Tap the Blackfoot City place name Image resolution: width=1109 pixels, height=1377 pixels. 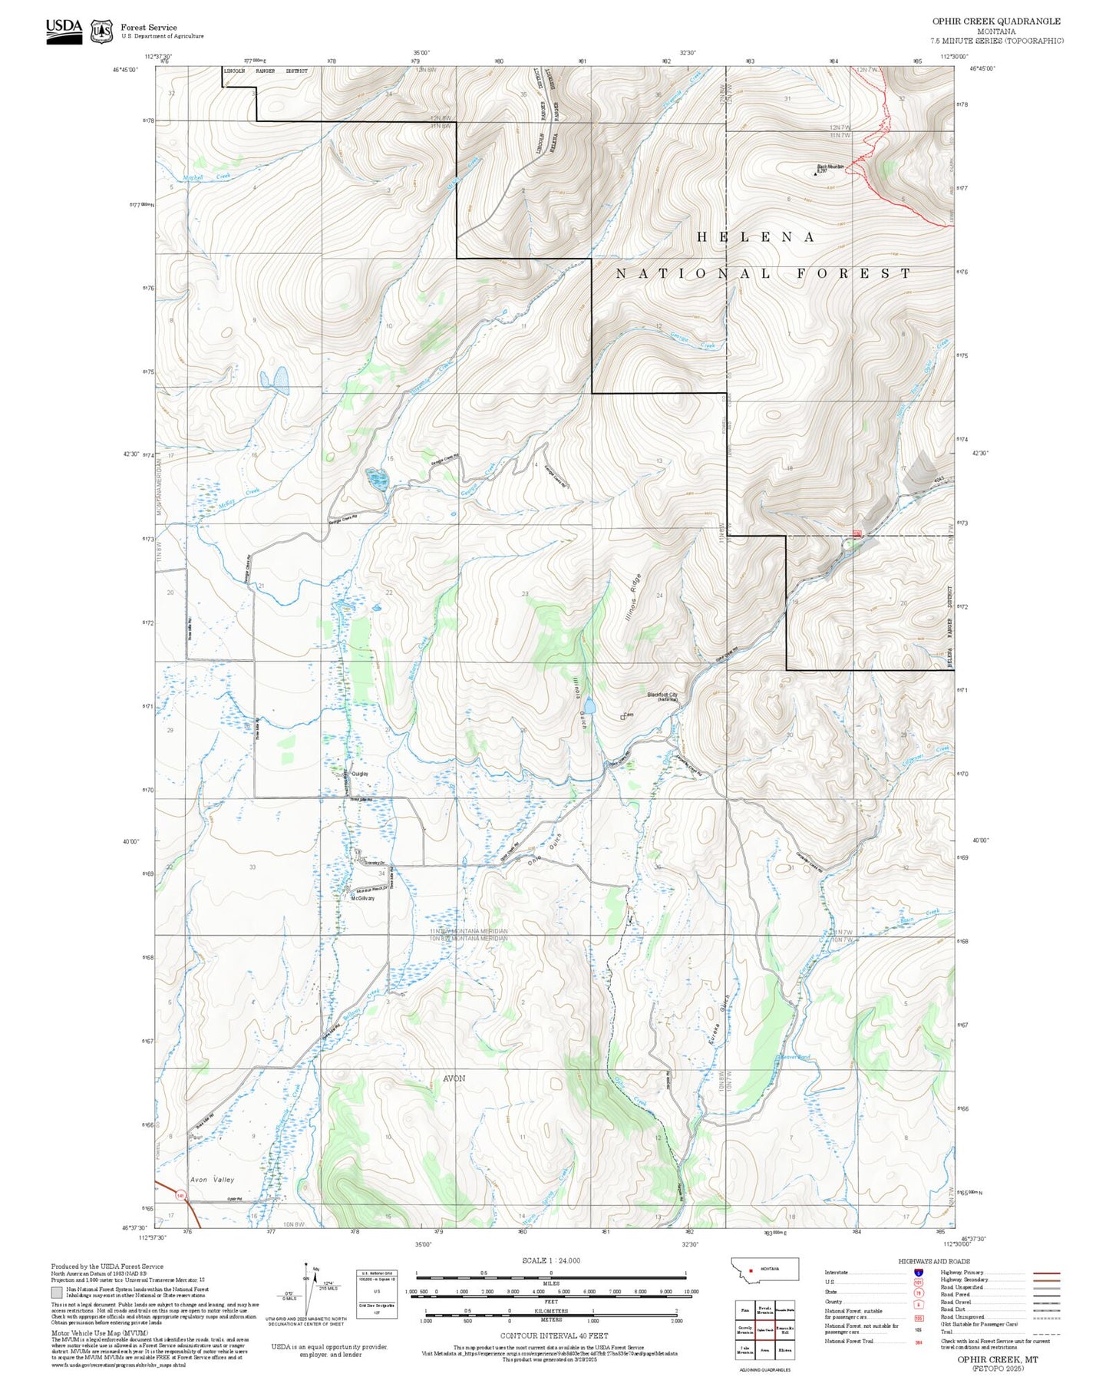point(662,695)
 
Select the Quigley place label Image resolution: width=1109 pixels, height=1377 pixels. point(359,774)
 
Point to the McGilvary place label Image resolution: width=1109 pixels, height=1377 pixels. point(362,898)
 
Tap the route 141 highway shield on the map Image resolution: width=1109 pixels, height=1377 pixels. point(180,1195)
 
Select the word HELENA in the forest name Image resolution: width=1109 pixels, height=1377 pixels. point(755,237)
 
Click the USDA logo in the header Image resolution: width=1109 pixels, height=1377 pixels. point(64,31)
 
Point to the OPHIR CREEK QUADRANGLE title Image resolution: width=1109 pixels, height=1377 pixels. point(996,21)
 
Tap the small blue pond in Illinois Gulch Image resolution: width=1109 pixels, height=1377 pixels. point(589,705)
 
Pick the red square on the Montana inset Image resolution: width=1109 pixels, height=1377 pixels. point(751,1270)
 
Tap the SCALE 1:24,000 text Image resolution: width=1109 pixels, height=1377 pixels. point(551,1260)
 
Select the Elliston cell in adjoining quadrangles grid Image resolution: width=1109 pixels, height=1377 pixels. point(786,1349)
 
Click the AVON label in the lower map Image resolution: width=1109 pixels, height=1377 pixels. point(454,1078)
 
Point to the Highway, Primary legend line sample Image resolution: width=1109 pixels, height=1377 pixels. point(1046,1273)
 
